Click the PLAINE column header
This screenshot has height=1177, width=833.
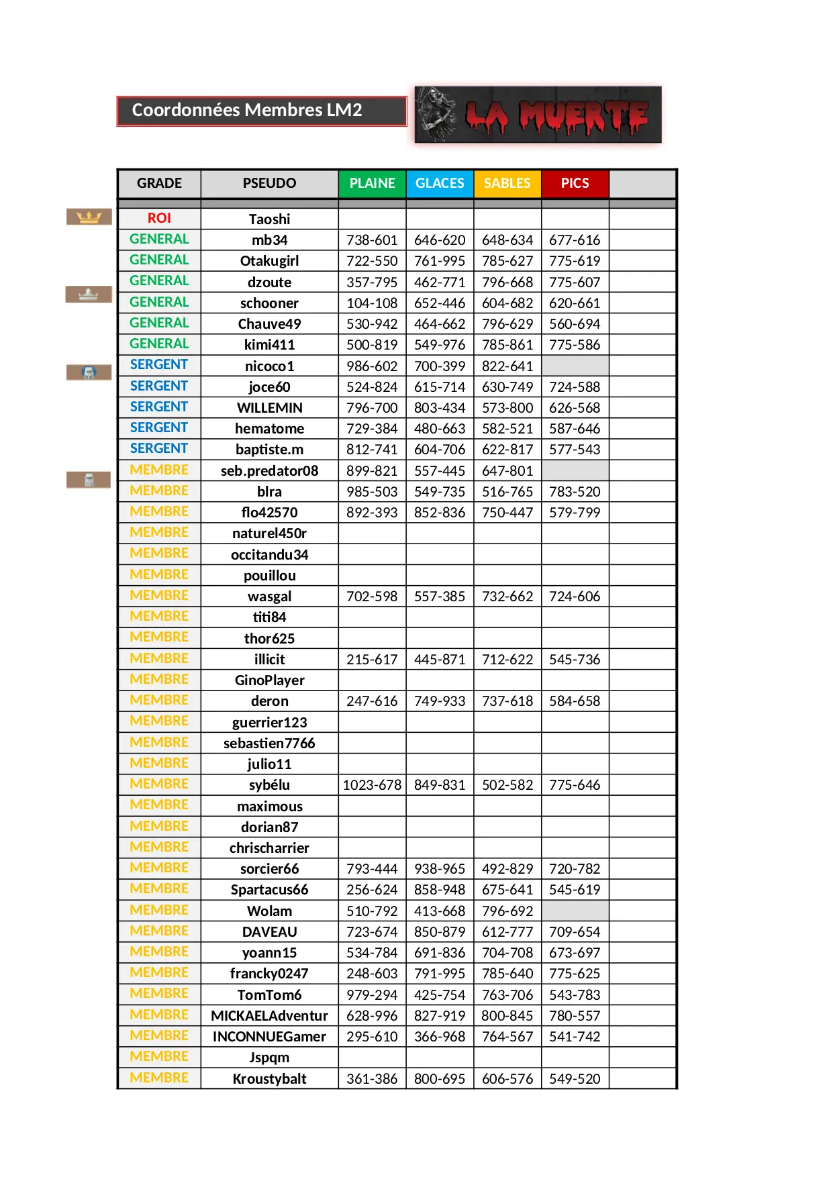coord(372,183)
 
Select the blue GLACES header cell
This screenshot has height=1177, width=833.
coord(440,183)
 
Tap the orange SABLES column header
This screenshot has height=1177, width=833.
coord(507,183)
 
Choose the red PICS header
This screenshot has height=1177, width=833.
coord(575,183)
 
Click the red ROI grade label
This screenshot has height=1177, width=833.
coord(159,218)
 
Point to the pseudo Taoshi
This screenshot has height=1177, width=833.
coord(269,219)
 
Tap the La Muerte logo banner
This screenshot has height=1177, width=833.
coord(538,115)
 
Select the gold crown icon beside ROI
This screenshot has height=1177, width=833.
coord(89,217)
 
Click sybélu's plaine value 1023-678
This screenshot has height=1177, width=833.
coord(372,785)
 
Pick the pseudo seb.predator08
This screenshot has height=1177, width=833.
coord(269,471)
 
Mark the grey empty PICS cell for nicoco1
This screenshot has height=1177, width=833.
coord(575,366)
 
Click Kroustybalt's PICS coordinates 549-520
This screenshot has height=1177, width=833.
coord(575,1079)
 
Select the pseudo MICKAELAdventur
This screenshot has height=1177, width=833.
coord(269,1016)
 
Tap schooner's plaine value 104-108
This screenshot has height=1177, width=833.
coord(372,303)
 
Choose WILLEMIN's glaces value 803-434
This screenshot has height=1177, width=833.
coord(440,408)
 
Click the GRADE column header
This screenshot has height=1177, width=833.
coord(159,183)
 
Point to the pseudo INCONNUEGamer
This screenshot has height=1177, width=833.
coord(269,1037)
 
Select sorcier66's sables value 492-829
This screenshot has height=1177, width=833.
coord(507,869)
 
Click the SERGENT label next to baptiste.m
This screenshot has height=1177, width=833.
coord(159,448)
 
